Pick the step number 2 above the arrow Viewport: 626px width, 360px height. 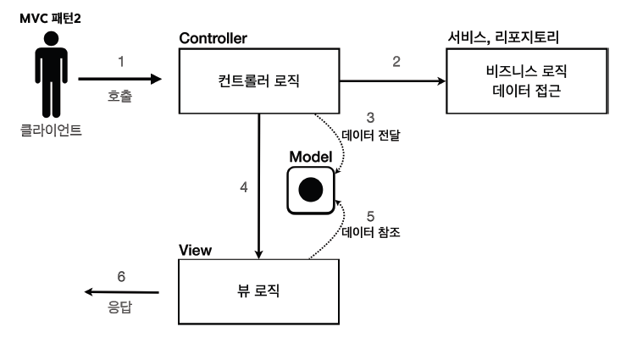[396, 62]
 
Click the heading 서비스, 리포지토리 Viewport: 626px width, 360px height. [503, 38]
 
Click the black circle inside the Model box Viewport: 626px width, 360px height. [310, 190]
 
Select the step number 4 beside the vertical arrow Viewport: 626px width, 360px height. [244, 187]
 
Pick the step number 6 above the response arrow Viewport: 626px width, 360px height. [120, 277]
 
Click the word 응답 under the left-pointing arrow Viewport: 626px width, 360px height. [120, 309]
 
